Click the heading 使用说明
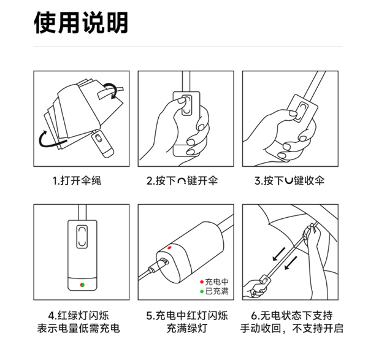point(81,23)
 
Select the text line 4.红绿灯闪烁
point(81,316)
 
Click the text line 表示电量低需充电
point(81,329)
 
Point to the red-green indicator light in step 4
point(82,284)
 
